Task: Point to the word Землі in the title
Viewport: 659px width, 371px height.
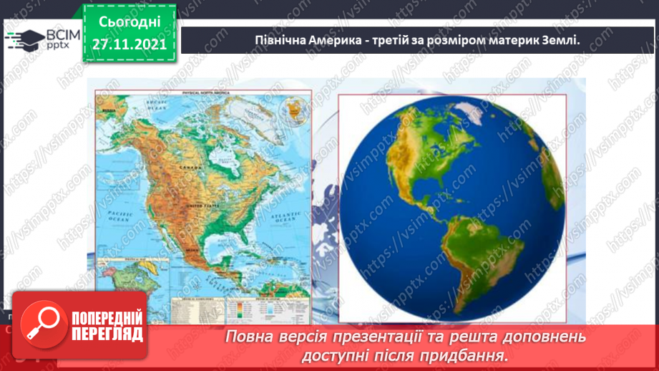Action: [560, 41]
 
